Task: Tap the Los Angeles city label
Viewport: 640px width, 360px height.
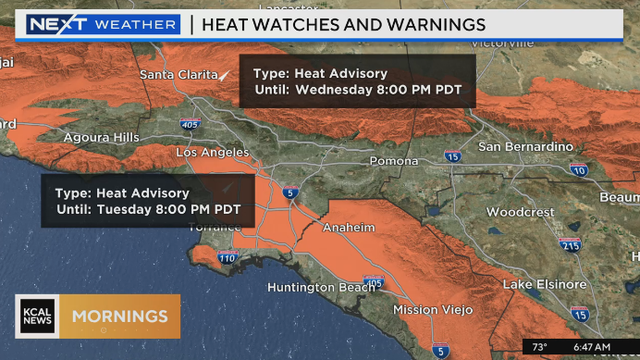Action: point(211,152)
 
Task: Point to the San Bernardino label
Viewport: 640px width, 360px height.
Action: point(526,147)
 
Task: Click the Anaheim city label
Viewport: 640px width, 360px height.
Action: point(347,228)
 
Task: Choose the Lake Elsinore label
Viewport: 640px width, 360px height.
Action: point(545,285)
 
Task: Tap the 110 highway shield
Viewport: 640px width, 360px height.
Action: point(228,259)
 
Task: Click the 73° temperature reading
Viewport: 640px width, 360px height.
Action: point(539,347)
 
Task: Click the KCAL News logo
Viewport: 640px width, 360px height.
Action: point(37,316)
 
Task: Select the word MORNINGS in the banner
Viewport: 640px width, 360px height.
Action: point(120,317)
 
